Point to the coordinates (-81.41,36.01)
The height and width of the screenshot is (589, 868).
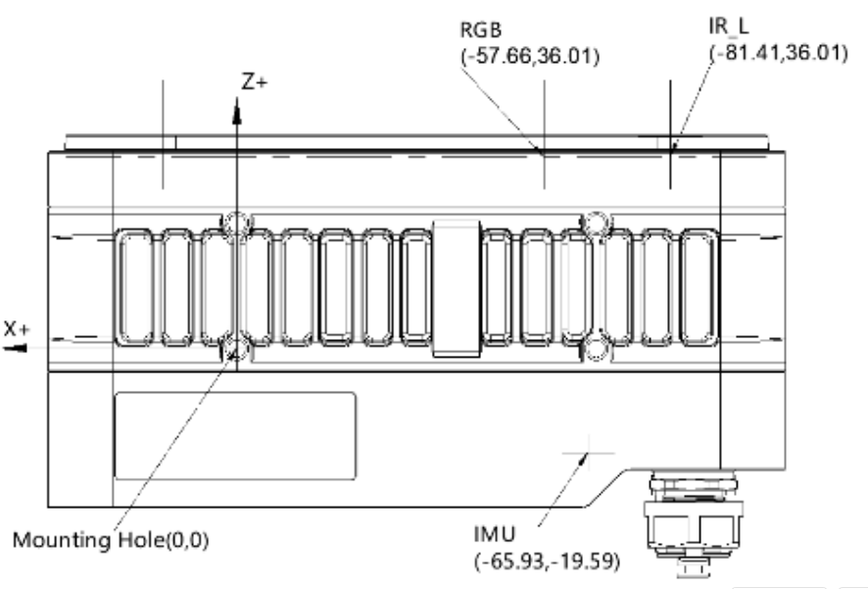(x=778, y=53)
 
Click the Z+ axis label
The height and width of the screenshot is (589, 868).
(x=255, y=82)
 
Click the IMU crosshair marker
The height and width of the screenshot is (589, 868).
(x=586, y=452)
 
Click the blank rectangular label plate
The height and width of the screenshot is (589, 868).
(x=235, y=436)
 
